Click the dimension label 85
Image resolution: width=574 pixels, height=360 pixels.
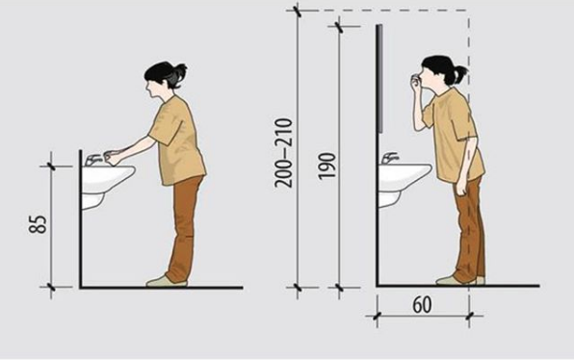39,224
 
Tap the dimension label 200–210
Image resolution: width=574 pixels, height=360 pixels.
284,153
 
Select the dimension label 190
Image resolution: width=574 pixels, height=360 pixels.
326,166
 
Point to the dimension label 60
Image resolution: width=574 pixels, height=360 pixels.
422,305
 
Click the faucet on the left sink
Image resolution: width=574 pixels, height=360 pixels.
92,160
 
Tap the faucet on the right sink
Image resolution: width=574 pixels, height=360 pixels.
390,158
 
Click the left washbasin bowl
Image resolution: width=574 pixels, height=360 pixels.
108,179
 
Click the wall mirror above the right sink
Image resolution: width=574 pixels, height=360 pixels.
380,78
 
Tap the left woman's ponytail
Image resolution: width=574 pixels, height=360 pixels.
178,76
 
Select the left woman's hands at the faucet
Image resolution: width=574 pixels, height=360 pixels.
114,157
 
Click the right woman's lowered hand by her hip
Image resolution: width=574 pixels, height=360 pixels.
460,188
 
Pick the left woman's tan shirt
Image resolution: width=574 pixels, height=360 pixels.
177,141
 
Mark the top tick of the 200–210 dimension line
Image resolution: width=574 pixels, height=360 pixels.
298,11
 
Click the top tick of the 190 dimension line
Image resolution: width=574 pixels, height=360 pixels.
340,27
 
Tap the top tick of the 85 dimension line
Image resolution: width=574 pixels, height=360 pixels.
51,167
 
